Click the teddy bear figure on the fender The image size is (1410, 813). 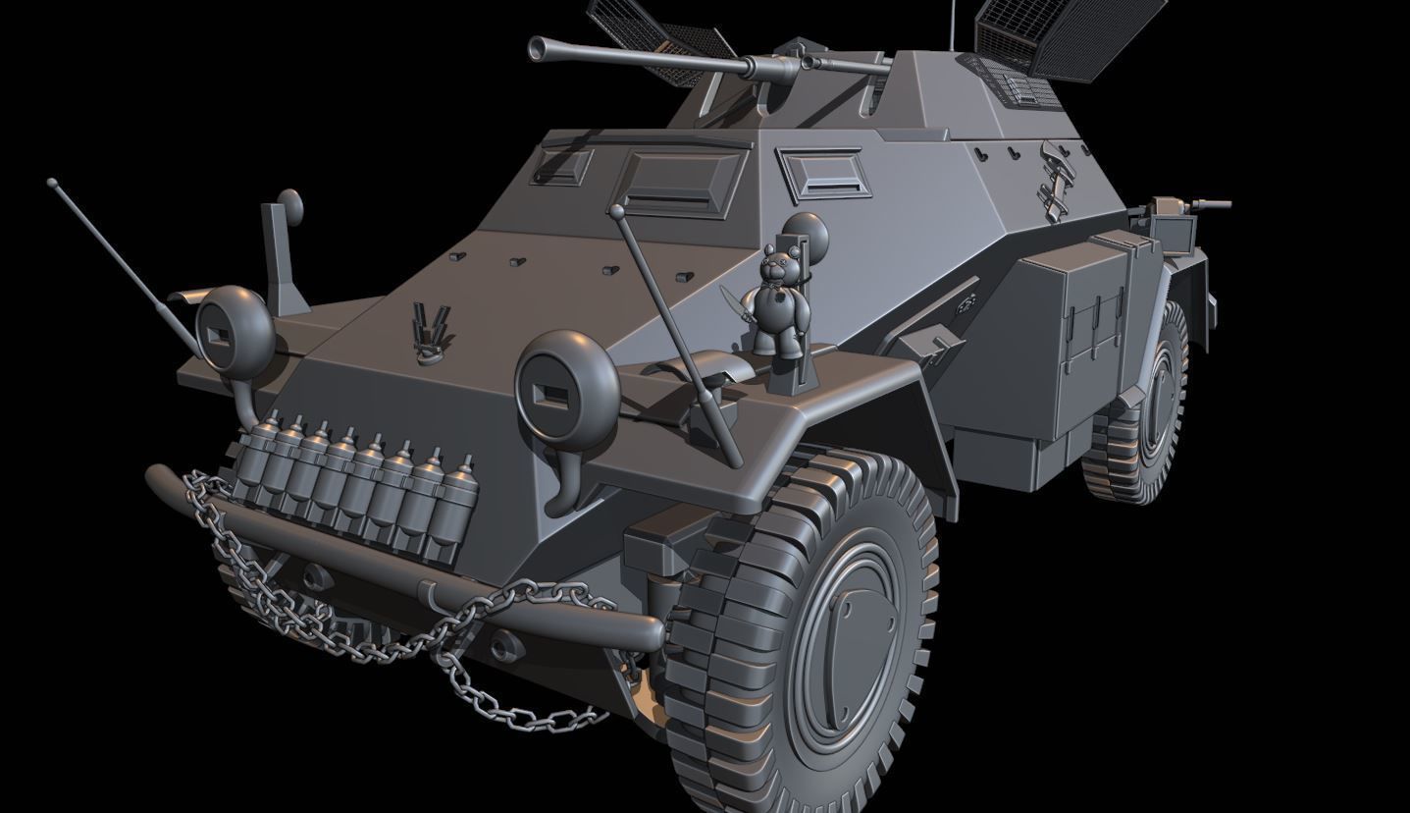click(782, 299)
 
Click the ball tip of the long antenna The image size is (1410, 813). click(51, 183)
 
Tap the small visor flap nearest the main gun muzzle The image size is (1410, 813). click(562, 166)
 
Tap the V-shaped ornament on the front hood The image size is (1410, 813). click(430, 328)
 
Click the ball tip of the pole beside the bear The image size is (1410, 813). click(616, 210)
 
